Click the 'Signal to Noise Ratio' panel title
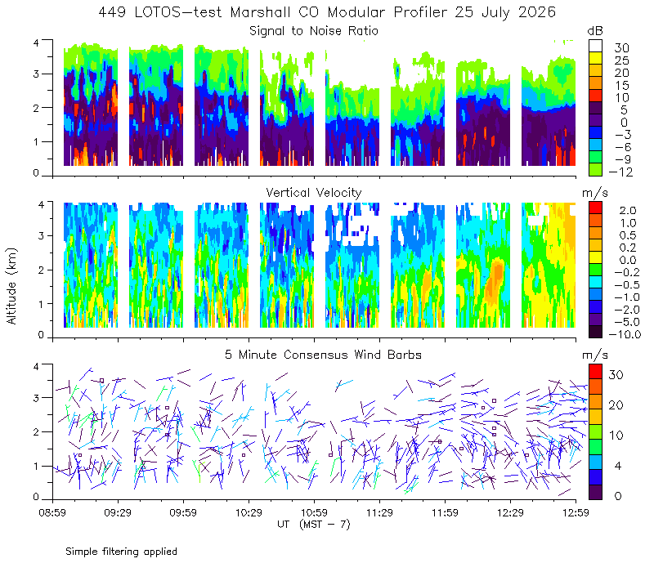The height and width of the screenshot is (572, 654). tap(314, 31)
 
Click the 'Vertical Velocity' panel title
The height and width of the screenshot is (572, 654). tap(314, 193)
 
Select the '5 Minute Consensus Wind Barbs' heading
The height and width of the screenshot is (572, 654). tap(323, 355)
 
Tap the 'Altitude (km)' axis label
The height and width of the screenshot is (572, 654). tap(11, 286)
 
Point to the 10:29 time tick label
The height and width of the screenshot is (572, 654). tap(249, 512)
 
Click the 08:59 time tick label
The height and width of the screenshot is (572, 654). tap(52, 512)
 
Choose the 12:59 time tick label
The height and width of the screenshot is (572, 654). tap(576, 512)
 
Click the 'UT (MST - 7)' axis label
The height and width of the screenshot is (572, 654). tap(314, 525)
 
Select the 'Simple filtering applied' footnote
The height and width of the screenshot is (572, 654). tap(121, 552)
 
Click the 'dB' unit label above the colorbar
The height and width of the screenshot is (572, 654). tap(595, 31)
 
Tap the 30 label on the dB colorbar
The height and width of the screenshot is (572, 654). tap(621, 48)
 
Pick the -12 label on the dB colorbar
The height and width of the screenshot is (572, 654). tap(620, 172)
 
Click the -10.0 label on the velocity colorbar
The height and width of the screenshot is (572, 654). tap(625, 334)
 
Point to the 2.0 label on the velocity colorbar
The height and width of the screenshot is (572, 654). tap(628, 211)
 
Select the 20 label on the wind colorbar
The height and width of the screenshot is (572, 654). tap(616, 405)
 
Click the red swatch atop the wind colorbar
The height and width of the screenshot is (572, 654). tap(595, 372)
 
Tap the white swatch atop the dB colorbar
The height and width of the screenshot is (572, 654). tap(595, 46)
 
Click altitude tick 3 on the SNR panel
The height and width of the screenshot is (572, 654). tap(36, 74)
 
